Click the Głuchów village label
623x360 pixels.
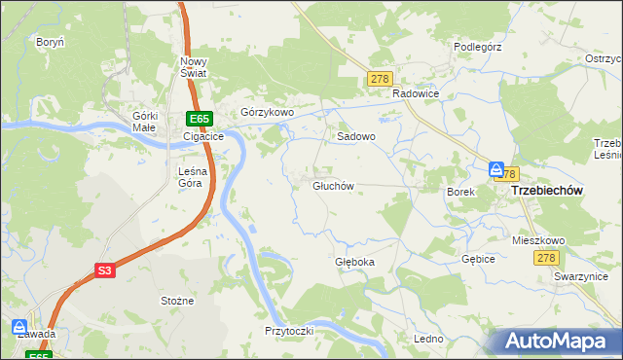point(332,186)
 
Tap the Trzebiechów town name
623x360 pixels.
point(546,192)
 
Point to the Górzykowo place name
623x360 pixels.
point(267,113)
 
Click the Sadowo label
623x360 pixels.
point(356,137)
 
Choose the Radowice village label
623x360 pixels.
point(417,93)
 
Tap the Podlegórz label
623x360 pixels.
point(478,46)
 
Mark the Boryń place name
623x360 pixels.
point(50,43)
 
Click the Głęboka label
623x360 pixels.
point(354,263)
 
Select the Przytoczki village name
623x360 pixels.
point(288,331)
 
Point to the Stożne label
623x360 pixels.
point(177,302)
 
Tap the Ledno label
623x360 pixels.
point(428,339)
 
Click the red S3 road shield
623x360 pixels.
point(105,272)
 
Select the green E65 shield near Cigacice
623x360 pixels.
point(200,120)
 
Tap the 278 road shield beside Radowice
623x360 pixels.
point(380,79)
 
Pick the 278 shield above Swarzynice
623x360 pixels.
point(545,257)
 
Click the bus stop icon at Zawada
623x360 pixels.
point(19,326)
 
